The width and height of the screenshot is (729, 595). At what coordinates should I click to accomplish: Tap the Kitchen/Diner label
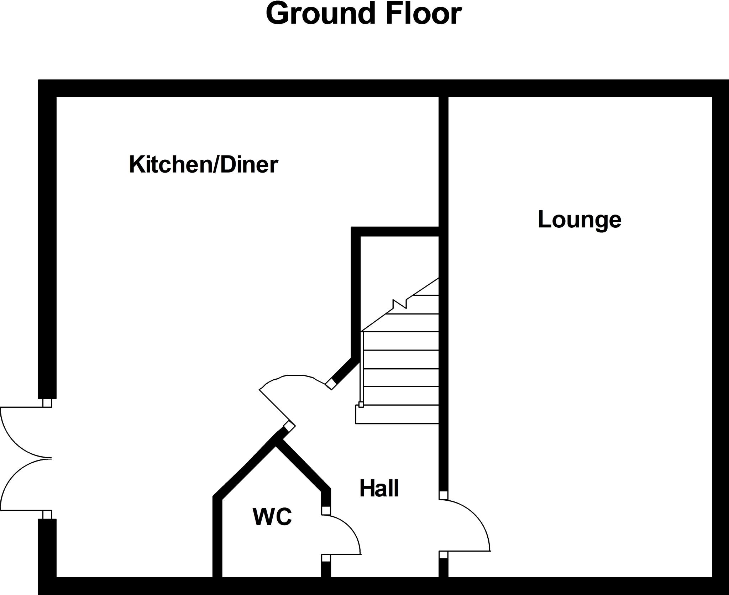click(x=203, y=164)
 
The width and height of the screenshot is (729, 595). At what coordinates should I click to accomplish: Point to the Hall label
click(x=379, y=488)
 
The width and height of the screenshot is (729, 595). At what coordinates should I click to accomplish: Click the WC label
click(x=272, y=516)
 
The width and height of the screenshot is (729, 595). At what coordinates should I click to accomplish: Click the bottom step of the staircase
click(x=397, y=414)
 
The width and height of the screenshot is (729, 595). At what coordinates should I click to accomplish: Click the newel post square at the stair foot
click(x=361, y=405)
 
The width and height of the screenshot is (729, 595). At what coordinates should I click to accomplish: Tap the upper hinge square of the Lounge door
click(x=443, y=495)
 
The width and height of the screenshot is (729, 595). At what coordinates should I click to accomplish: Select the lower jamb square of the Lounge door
click(x=443, y=555)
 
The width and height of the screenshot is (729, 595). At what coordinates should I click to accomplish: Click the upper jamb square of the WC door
click(x=326, y=511)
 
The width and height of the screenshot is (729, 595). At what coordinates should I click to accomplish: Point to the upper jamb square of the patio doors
click(x=47, y=403)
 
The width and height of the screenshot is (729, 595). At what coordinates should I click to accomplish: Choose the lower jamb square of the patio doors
click(x=47, y=515)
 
